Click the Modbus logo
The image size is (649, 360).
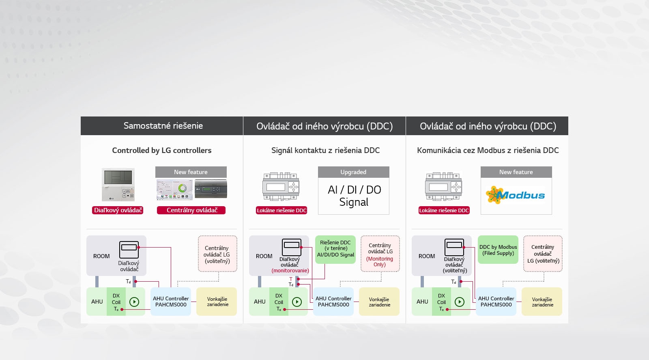click(x=516, y=195)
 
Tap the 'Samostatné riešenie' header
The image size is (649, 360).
click(x=163, y=126)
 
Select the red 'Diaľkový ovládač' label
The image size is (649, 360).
click(x=118, y=210)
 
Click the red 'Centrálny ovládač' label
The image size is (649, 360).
click(x=191, y=210)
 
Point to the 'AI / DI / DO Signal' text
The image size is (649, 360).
click(x=354, y=196)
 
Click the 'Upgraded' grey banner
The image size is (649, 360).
click(x=353, y=172)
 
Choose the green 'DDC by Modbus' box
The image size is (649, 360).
click(x=498, y=250)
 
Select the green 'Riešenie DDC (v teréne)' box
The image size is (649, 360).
click(x=335, y=249)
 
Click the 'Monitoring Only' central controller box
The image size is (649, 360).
click(x=380, y=254)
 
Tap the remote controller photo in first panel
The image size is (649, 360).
click(x=118, y=185)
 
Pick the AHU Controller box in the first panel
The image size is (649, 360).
click(x=171, y=302)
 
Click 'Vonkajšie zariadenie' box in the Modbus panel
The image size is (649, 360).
click(x=542, y=302)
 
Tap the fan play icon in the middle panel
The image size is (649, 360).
click(x=297, y=302)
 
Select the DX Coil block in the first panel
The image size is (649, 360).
click(x=116, y=302)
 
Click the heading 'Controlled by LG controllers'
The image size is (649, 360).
click(x=161, y=151)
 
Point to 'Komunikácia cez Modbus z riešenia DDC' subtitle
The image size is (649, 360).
click(x=488, y=151)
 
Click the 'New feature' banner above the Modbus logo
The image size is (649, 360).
click(x=516, y=172)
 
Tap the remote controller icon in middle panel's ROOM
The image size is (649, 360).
click(x=292, y=247)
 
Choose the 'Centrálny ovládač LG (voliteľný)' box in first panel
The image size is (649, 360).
click(x=217, y=254)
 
